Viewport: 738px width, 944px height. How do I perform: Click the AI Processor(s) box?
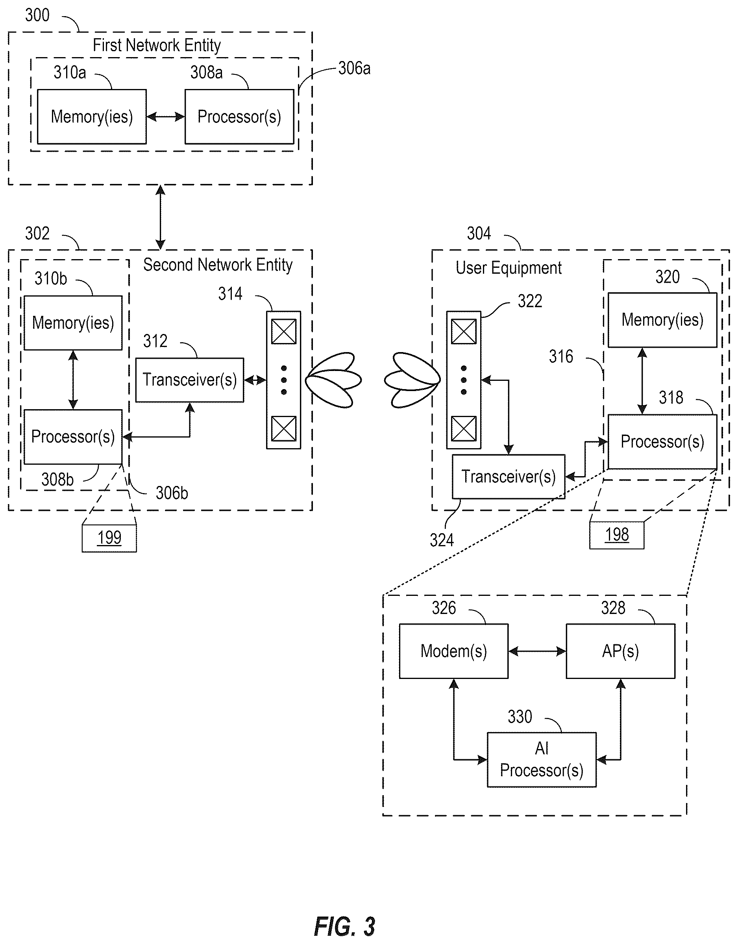542,759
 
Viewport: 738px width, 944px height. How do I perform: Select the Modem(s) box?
453,651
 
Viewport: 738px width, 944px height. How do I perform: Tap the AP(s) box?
620,651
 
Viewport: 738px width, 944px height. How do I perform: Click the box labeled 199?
109,538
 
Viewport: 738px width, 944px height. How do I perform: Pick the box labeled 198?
617,535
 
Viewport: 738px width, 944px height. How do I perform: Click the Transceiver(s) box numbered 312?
190,380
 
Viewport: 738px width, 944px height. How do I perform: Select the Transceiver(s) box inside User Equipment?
509,476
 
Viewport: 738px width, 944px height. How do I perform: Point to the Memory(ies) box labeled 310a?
92,117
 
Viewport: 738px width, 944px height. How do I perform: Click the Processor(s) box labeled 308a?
239,117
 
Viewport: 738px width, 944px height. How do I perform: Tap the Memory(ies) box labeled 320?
662,320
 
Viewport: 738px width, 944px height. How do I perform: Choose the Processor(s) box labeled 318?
662,442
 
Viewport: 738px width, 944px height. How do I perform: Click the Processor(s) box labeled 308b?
73,437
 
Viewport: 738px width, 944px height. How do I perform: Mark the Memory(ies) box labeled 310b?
73,323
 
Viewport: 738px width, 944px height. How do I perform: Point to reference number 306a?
354,68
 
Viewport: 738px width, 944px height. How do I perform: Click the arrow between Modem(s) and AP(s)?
537,651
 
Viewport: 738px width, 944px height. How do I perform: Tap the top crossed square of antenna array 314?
283,332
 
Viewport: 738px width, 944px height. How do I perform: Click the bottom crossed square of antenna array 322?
464,428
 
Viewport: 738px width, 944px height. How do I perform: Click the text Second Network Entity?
218,265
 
